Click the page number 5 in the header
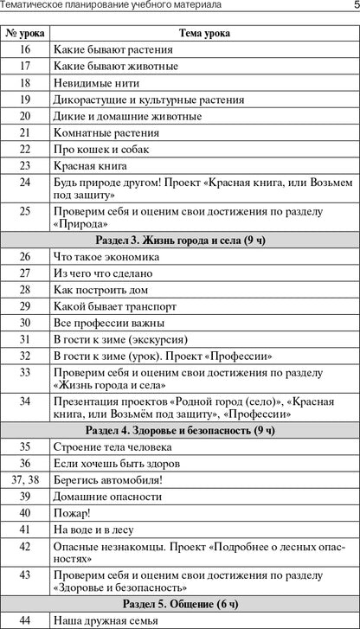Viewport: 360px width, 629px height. coord(355,7)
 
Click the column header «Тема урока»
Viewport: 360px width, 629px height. coord(203,32)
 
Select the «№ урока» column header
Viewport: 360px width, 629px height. coord(24,32)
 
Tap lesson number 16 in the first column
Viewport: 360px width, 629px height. coord(24,50)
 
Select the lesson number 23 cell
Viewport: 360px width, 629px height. coord(24,165)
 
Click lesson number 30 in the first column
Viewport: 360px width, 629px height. coord(24,323)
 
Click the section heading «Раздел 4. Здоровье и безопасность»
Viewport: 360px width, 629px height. coord(180,430)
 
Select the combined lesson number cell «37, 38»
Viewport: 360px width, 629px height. coord(24,479)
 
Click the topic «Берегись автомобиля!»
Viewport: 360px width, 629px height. coord(107,479)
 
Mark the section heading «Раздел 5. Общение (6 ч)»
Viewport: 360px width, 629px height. coord(180,603)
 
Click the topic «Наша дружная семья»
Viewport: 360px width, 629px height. coord(103,620)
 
